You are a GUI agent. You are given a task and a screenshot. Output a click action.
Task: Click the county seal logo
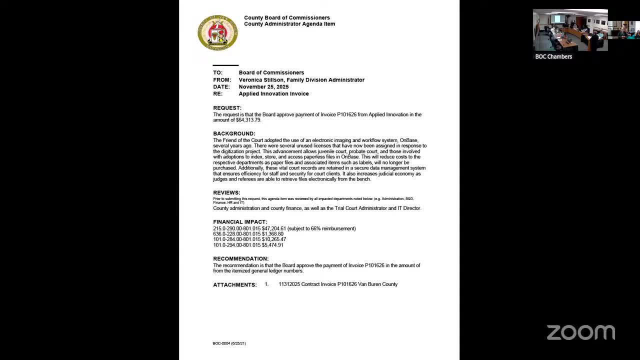click(x=217, y=32)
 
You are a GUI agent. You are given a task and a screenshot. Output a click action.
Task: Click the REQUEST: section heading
click(x=227, y=108)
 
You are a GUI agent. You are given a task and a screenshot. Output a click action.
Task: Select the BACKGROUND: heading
click(x=234, y=133)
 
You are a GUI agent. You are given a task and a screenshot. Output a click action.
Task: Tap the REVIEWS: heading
click(x=226, y=192)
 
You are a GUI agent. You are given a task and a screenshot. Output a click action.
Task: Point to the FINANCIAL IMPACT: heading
click(x=240, y=222)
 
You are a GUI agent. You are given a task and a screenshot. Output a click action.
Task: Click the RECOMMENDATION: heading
click(x=240, y=258)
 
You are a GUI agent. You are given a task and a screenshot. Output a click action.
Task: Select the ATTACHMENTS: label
click(x=235, y=284)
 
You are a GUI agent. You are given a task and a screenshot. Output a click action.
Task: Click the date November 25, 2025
click(x=263, y=86)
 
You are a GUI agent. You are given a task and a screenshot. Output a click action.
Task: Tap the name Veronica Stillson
click(x=261, y=79)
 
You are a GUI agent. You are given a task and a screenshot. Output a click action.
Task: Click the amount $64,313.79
click(x=245, y=120)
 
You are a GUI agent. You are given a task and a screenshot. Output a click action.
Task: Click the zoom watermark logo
click(x=580, y=332)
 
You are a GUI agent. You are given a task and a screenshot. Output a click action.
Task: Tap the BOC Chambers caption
click(x=553, y=56)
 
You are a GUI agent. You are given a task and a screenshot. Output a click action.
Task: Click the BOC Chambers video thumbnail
click(x=570, y=30)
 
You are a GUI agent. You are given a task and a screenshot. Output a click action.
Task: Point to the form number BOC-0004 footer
click(x=229, y=343)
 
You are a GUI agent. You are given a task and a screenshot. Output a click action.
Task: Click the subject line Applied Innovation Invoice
click(x=273, y=93)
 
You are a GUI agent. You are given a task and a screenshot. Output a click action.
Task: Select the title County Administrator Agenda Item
click(x=289, y=24)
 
